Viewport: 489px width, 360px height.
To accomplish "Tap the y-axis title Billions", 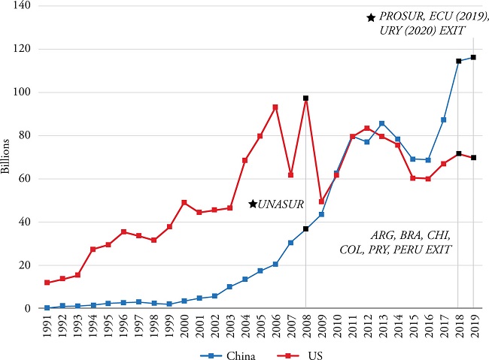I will tap(7, 156).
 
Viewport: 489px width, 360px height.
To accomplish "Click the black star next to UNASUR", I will tap(253, 204).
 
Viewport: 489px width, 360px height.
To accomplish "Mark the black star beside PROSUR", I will tap(371, 17).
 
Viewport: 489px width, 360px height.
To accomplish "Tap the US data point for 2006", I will tap(275, 107).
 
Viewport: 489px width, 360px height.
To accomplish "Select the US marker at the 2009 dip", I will tap(321, 201).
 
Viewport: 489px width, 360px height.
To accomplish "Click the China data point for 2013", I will tap(382, 123).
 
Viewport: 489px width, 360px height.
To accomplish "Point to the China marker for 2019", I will tap(473, 57).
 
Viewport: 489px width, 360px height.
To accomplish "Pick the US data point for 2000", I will tap(184, 202).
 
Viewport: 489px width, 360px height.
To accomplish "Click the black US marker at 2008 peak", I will tap(306, 98).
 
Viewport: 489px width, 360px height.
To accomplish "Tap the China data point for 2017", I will tap(443, 119).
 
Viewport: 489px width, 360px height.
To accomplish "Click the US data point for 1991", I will tap(47, 283).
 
